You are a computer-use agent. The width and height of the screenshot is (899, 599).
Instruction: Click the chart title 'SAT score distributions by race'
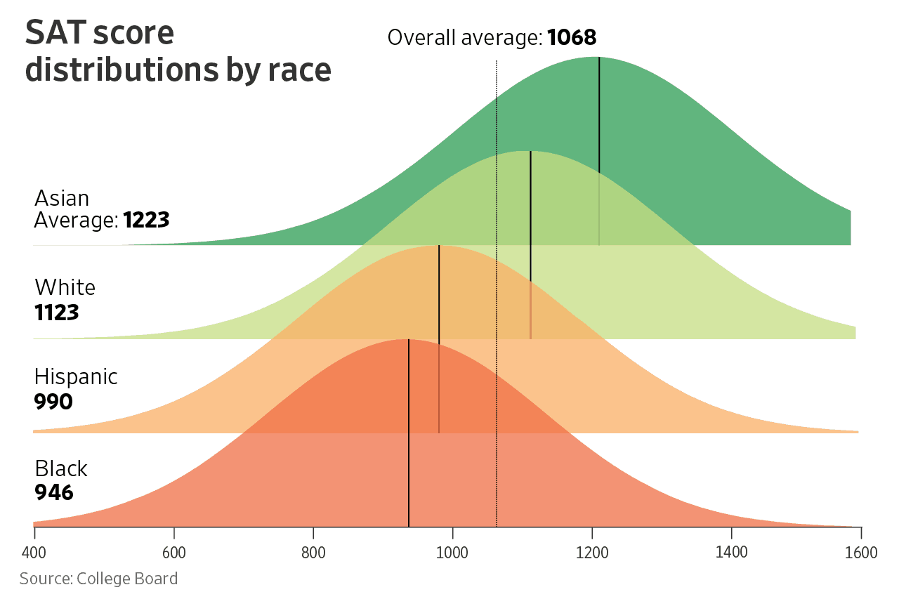click(x=178, y=52)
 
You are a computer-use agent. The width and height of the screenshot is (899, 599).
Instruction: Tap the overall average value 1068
click(x=571, y=37)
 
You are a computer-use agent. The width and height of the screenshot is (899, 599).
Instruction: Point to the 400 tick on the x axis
click(x=34, y=553)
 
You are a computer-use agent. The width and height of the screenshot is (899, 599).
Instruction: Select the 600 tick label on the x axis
click(x=173, y=553)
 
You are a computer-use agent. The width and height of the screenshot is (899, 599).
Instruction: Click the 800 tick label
click(x=313, y=553)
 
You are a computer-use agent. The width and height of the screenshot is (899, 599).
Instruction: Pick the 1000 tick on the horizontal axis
click(x=453, y=553)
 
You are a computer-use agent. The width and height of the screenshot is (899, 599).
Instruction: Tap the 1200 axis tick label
click(x=593, y=553)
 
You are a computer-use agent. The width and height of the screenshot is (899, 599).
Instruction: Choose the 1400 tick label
click(x=732, y=553)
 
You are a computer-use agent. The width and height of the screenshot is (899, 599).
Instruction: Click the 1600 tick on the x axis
click(x=861, y=553)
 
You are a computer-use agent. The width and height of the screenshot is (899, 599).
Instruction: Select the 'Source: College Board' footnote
click(x=98, y=579)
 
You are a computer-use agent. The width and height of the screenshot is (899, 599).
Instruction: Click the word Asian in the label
click(x=62, y=198)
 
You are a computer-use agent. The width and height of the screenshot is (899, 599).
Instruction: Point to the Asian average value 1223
click(x=146, y=220)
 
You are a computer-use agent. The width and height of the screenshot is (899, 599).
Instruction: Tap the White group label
click(x=65, y=287)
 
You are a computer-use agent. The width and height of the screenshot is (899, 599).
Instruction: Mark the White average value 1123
click(x=57, y=312)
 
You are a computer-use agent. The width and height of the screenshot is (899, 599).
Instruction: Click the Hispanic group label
click(x=76, y=377)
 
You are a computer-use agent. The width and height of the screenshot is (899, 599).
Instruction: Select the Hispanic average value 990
click(x=53, y=402)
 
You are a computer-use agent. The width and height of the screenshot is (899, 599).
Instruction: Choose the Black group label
click(x=61, y=468)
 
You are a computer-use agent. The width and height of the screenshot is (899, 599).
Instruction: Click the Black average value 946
click(x=54, y=492)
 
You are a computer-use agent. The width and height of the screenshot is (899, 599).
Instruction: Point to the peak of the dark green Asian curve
click(x=598, y=58)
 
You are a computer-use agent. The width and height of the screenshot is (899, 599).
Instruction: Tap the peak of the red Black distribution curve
click(x=408, y=339)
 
